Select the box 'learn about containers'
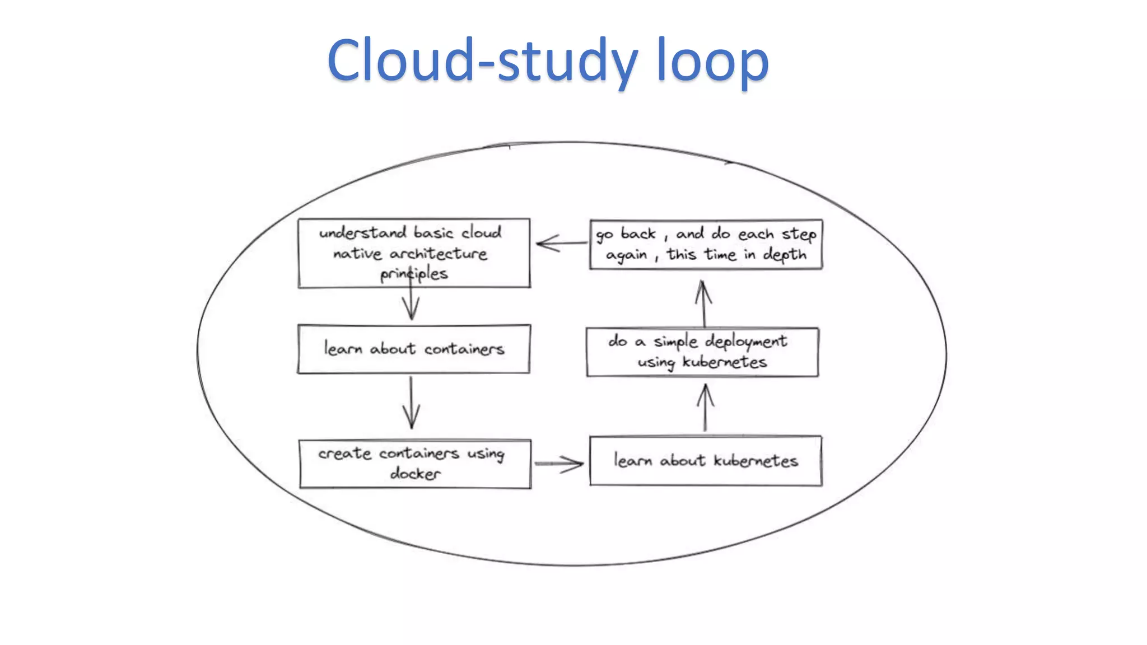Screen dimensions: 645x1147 413,349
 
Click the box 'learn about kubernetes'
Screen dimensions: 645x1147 706,460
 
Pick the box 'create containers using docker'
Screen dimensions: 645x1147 414,464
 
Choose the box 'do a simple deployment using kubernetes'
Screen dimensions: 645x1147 702,352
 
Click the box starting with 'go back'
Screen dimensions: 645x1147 706,244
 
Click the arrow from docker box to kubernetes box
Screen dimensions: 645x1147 559,464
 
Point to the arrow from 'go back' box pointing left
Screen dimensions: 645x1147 560,244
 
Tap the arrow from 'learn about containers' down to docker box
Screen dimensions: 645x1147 411,403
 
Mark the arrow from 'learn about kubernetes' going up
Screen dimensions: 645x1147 705,408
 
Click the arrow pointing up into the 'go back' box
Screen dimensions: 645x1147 703,303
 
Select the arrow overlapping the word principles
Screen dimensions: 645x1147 411,297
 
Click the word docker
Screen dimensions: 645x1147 415,474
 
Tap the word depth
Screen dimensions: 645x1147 784,255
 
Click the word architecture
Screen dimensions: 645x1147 438,254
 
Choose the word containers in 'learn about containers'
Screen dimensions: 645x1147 464,349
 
